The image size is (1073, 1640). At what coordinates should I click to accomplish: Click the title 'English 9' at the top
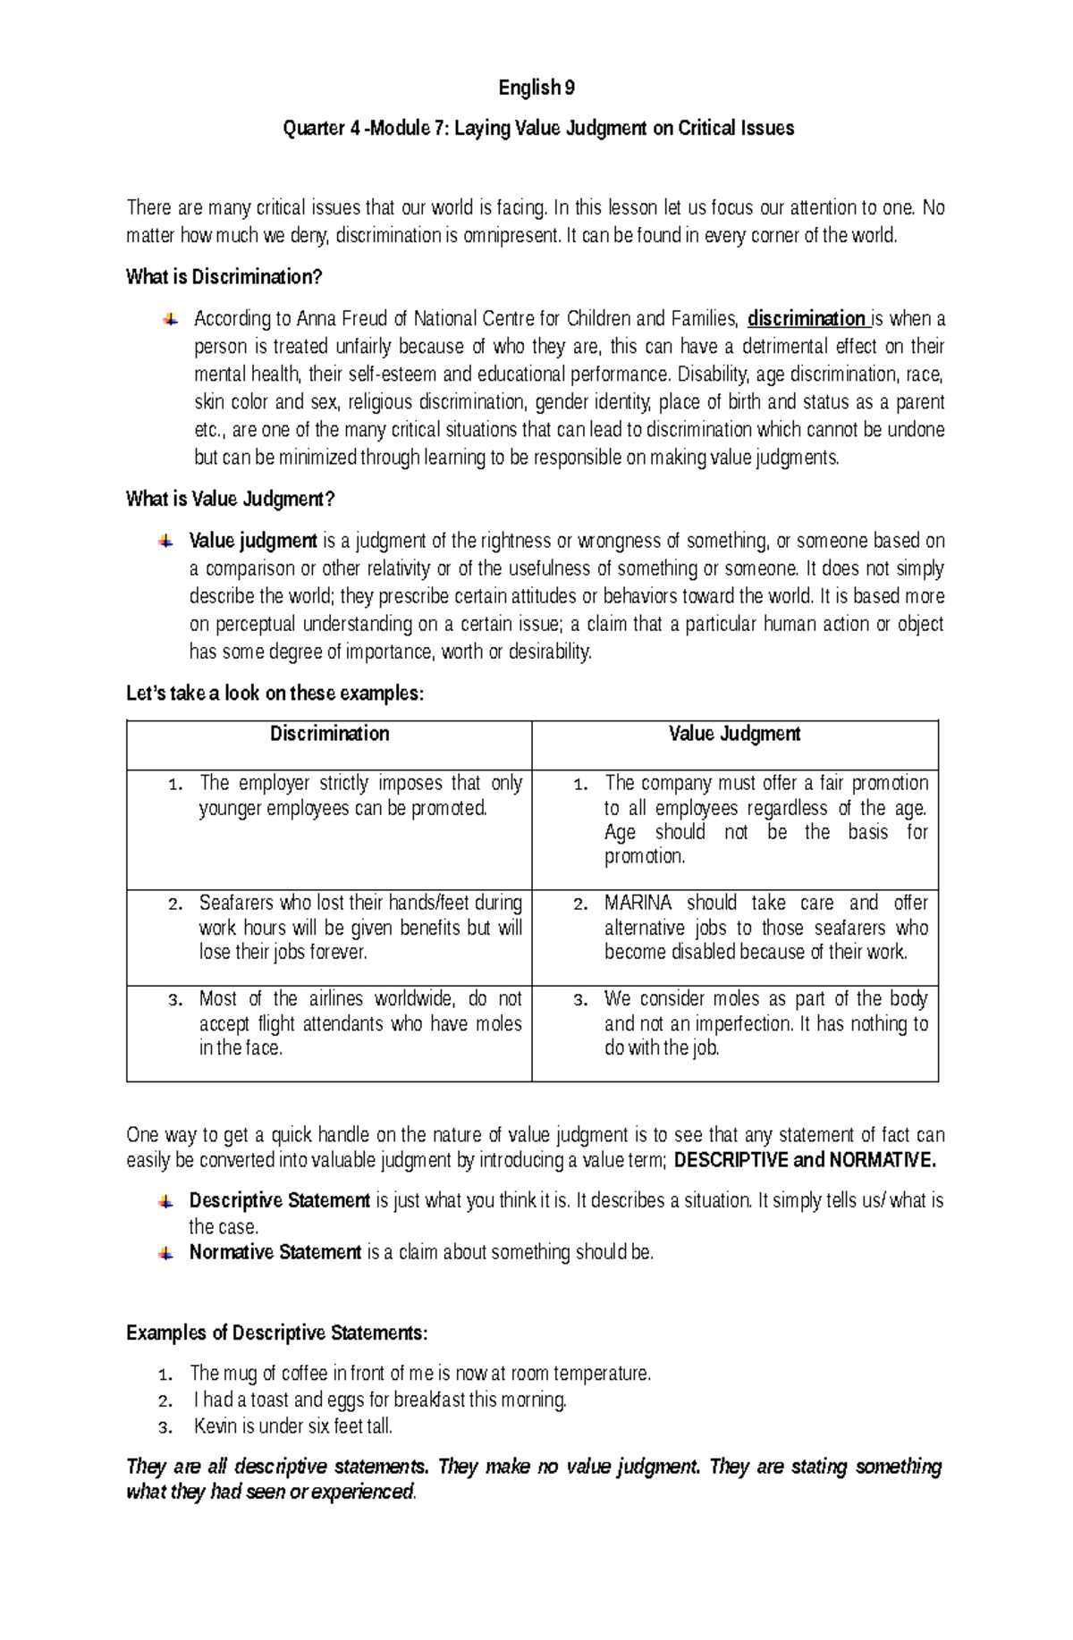click(x=536, y=88)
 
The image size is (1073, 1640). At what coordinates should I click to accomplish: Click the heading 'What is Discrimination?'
click(x=224, y=277)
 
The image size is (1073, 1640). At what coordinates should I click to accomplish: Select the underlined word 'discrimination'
click(x=806, y=319)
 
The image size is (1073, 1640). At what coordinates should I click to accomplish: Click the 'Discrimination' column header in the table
click(x=329, y=734)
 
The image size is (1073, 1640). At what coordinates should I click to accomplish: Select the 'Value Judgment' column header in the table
click(x=734, y=734)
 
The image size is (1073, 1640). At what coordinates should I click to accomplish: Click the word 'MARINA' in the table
click(x=638, y=903)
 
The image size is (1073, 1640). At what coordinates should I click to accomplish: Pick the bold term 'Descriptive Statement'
click(x=279, y=1200)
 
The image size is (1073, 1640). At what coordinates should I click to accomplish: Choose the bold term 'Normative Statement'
click(x=275, y=1252)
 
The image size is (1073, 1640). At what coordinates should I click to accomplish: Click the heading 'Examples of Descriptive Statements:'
click(x=277, y=1333)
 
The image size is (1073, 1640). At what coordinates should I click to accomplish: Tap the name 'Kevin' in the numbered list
click(x=215, y=1426)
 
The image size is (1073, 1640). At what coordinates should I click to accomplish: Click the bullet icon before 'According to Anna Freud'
click(x=168, y=319)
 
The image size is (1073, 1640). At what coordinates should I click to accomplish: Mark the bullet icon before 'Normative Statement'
click(x=165, y=1253)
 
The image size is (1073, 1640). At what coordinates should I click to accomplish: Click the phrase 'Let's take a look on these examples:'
click(x=274, y=694)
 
